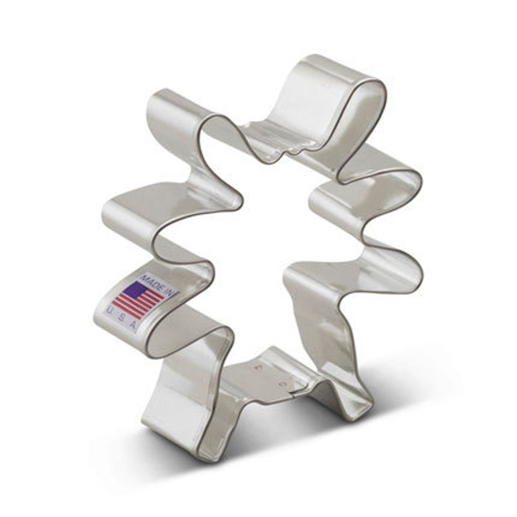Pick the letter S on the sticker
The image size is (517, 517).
click(x=121, y=318)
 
